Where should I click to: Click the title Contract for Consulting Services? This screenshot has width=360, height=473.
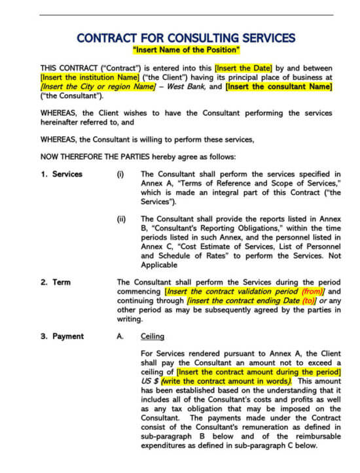tap(185, 38)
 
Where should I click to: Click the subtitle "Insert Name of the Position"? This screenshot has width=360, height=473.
tap(186, 50)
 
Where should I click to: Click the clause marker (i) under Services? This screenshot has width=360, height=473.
tap(120, 174)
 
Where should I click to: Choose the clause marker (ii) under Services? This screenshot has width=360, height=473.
tap(121, 219)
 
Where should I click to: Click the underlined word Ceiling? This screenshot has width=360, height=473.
tap(153, 336)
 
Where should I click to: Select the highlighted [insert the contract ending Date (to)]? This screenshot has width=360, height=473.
tap(251, 301)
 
